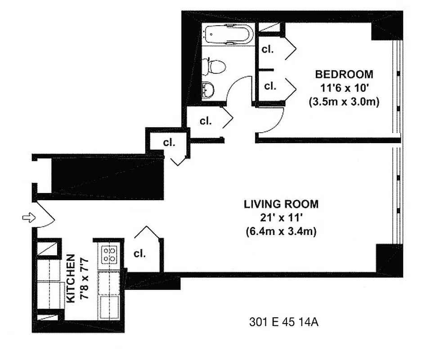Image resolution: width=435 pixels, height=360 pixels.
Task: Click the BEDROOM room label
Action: coord(344,74)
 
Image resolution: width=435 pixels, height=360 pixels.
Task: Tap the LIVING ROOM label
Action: coord(281,204)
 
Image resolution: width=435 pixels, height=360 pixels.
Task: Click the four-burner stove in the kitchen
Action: coord(109,254)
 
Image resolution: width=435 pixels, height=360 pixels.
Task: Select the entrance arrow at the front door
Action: coord(27,218)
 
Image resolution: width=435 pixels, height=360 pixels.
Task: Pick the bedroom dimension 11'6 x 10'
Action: coord(344,88)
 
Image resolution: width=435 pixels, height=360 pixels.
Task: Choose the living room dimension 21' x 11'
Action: coord(281,218)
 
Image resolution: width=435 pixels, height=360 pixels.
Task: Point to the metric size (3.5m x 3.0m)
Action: coord(344,102)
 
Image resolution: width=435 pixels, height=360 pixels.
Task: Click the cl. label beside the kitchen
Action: coord(140,253)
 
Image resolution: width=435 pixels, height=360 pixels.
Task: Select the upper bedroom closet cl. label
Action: coord(268,49)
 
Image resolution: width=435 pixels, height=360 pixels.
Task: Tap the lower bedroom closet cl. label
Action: coord(270,85)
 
